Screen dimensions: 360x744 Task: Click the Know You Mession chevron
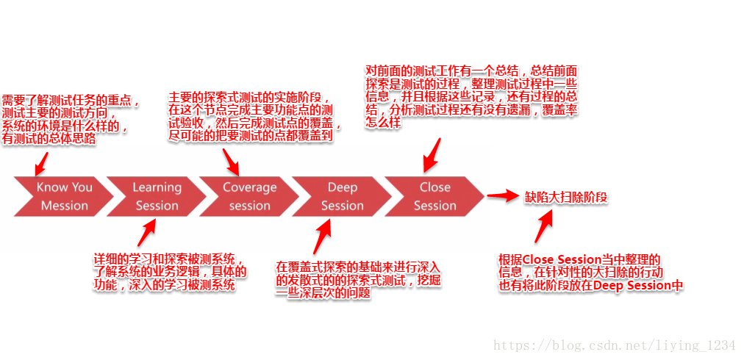(x=63, y=196)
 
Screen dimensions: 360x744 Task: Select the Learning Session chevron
(x=156, y=196)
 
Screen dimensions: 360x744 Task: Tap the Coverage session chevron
(x=248, y=196)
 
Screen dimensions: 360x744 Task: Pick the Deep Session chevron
(x=341, y=196)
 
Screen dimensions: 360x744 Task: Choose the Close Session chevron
(x=434, y=196)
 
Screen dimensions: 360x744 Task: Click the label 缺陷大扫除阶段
(x=566, y=197)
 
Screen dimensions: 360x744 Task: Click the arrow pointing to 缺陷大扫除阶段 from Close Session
(x=503, y=196)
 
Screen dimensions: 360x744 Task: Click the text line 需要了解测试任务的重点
(x=70, y=100)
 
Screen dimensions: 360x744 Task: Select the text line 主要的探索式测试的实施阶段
(x=248, y=98)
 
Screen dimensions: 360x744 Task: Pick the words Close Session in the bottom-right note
(x=561, y=259)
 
